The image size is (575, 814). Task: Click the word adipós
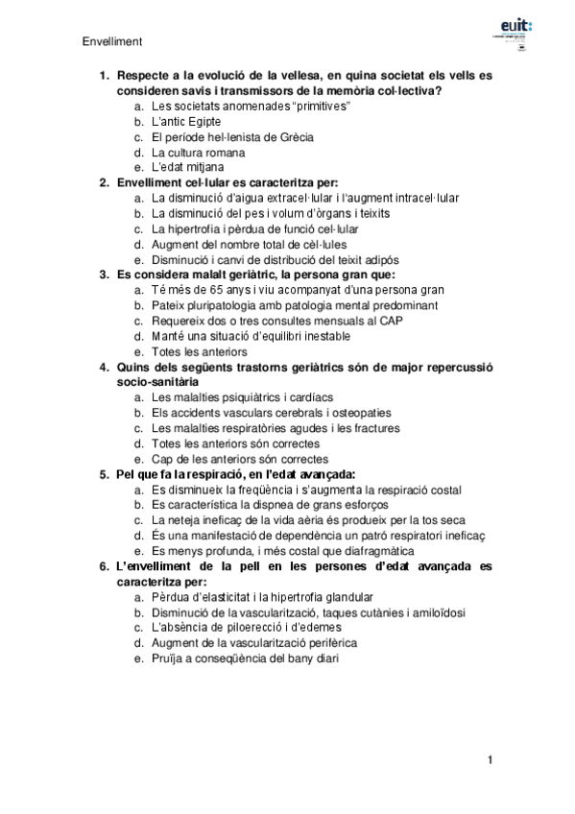(x=381, y=259)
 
